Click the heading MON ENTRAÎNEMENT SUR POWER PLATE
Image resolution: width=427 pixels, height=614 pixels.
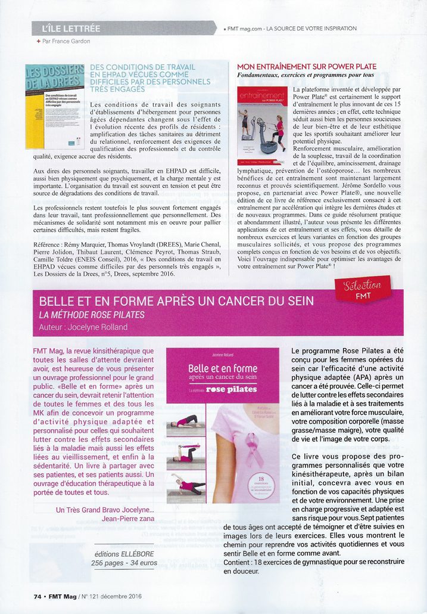click(x=307, y=67)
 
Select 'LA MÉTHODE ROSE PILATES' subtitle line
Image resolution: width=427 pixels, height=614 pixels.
click(x=92, y=314)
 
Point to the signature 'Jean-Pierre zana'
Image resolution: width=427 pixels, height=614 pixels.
click(x=126, y=519)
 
